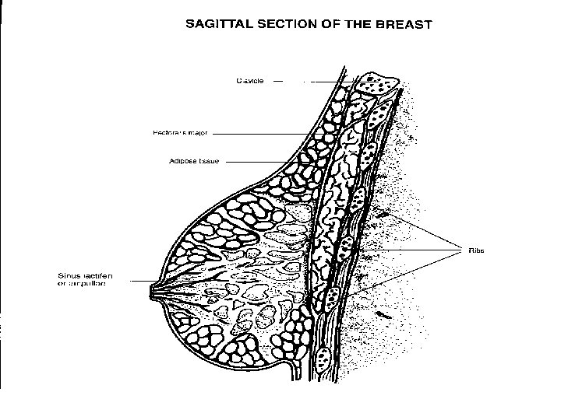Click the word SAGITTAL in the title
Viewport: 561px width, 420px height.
click(213, 23)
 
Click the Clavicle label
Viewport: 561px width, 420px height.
click(250, 80)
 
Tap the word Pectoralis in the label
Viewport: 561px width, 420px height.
click(169, 133)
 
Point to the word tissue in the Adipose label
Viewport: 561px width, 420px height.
click(209, 162)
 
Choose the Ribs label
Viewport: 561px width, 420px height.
click(476, 250)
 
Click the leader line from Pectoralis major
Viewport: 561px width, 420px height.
click(265, 134)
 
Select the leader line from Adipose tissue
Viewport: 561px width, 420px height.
click(257, 162)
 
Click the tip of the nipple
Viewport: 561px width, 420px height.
click(150, 293)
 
